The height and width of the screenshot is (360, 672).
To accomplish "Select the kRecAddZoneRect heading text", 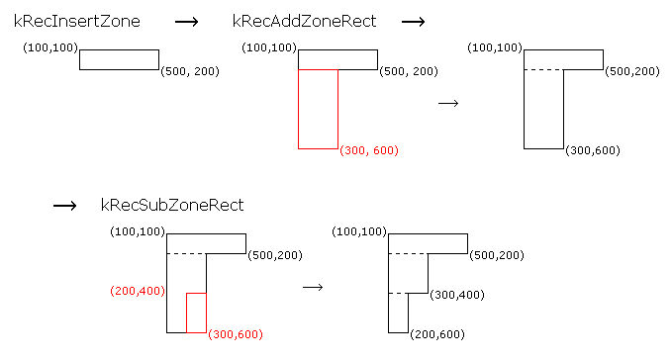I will (x=304, y=21).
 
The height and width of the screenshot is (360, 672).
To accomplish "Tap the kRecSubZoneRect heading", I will (x=172, y=205).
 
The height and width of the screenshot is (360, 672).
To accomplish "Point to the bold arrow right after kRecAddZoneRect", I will (x=412, y=22).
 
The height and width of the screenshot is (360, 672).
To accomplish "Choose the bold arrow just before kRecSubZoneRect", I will (x=64, y=206).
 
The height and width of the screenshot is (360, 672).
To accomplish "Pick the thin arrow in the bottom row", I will (x=313, y=287).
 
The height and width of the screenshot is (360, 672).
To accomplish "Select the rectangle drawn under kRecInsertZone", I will (x=119, y=59).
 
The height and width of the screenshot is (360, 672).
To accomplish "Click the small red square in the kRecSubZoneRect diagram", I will (x=196, y=313).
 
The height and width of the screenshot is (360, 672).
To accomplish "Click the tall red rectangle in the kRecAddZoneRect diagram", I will (x=318, y=109).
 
